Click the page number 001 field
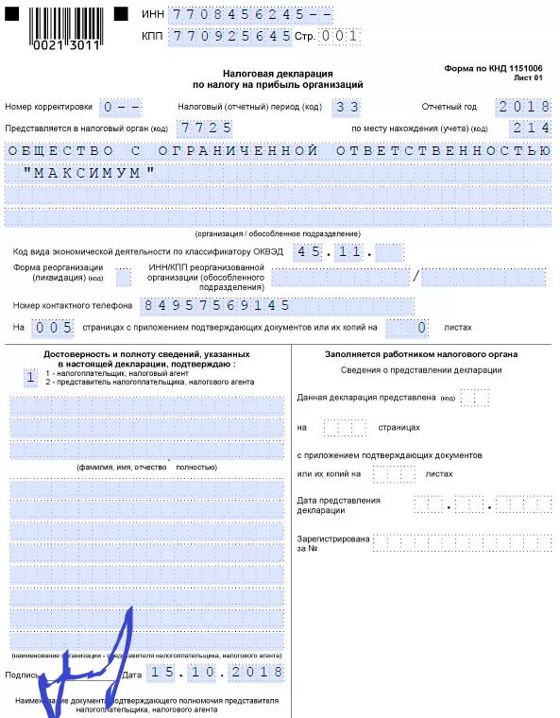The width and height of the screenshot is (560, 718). pyautogui.click(x=340, y=37)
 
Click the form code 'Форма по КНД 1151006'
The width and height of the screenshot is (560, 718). pyautogui.click(x=493, y=69)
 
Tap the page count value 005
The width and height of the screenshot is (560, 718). pyautogui.click(x=51, y=328)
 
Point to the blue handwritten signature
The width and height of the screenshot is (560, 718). pyautogui.click(x=85, y=671)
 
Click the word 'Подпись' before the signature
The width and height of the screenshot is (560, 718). pyautogui.click(x=22, y=675)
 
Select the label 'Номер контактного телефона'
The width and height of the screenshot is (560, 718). pyautogui.click(x=71, y=306)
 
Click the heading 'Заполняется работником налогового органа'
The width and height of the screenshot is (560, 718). pyautogui.click(x=421, y=354)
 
